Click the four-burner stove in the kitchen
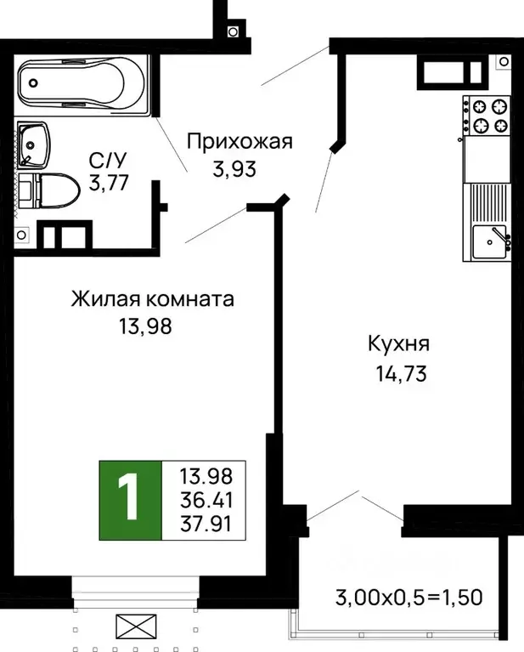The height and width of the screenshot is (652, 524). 487,116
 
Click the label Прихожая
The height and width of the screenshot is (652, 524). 239,141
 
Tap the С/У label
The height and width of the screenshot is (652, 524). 110,159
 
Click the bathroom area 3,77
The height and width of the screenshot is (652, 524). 109,182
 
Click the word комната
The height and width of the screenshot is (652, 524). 190,300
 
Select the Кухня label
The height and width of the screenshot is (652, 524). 398,344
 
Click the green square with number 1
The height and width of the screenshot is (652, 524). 129,501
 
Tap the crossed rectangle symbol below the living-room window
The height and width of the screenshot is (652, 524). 137,629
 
